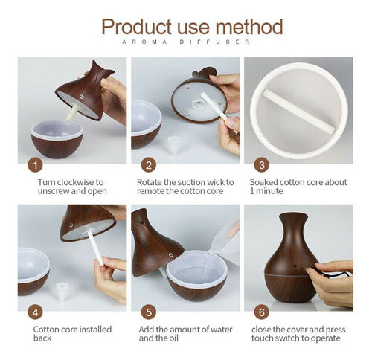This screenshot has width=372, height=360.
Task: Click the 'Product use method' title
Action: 192,27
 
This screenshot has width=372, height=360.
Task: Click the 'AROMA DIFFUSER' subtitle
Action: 192,44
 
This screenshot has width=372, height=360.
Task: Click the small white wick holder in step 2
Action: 173,142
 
